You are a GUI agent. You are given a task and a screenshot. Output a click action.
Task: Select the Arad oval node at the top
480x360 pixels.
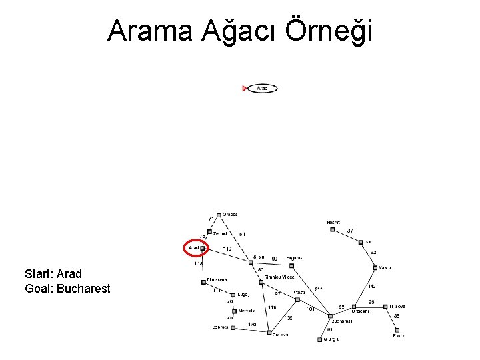coord(262,88)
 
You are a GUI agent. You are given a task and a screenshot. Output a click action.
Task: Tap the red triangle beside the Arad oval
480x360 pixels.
coord(245,88)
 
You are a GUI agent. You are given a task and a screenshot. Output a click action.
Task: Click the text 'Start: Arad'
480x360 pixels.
coord(53,274)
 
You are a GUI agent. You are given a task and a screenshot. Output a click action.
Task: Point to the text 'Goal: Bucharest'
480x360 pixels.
coord(67,289)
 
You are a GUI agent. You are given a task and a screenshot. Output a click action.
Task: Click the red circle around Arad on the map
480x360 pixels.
coord(196,248)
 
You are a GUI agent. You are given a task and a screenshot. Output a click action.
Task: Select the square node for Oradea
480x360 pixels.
coord(219,215)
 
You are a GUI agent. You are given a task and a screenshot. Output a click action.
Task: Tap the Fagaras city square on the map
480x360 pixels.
coord(291,265)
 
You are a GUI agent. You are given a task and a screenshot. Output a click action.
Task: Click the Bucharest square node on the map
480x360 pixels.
coord(329,316)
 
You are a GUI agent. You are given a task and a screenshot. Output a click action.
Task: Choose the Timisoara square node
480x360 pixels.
coord(203,282)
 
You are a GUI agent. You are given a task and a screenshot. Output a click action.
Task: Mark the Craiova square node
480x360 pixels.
coord(268,332)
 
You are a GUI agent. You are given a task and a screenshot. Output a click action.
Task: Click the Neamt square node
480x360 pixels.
coord(332,229)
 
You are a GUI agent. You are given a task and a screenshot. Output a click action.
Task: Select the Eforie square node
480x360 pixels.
coord(398,329)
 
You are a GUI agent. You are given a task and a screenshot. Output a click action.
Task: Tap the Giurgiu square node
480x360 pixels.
coord(318,339)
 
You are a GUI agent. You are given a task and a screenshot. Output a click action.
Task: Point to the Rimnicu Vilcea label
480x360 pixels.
coord(279,277)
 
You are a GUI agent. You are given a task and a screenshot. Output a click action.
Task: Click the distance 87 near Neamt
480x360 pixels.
coord(350,231)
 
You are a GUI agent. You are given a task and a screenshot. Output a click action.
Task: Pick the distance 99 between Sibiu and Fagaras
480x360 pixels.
coord(274,259)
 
